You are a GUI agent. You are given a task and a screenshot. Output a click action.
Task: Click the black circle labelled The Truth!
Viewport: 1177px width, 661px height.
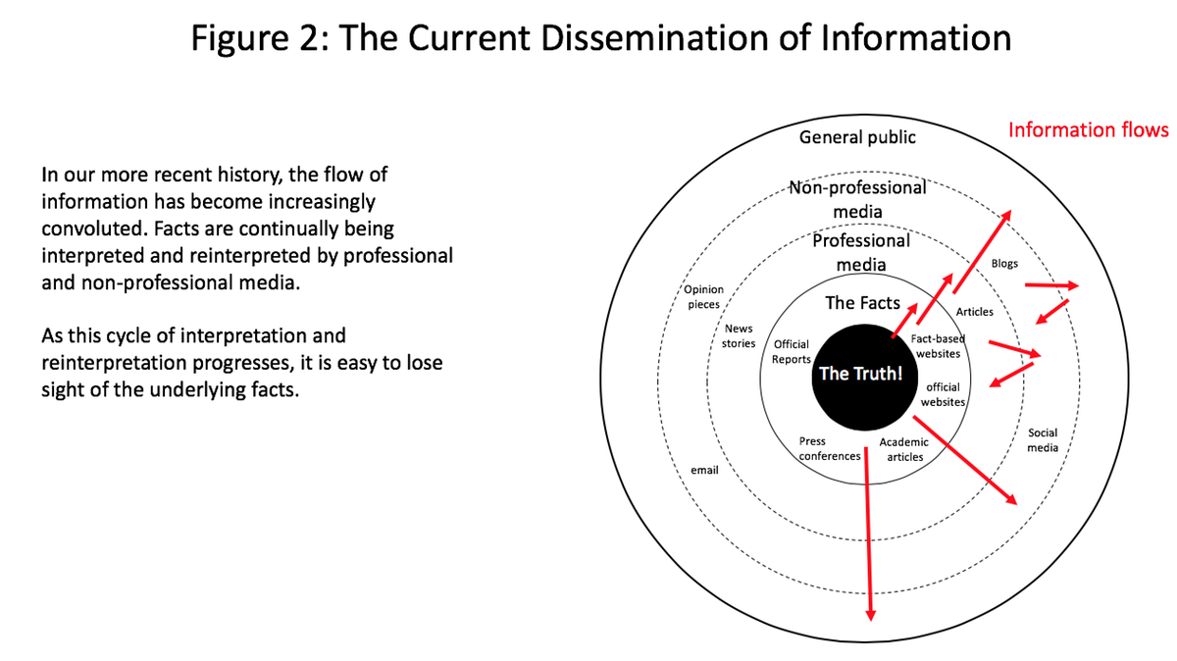click(865, 378)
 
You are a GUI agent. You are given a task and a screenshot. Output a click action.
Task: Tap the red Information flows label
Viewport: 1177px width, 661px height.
click(1088, 129)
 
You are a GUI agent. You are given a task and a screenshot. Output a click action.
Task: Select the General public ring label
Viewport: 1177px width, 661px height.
click(857, 137)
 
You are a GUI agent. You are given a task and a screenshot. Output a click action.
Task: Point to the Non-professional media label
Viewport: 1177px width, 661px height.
click(857, 200)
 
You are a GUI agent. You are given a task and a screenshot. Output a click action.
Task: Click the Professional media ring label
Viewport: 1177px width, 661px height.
click(861, 252)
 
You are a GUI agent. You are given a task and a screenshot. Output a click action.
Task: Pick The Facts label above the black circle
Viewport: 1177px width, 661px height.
click(862, 303)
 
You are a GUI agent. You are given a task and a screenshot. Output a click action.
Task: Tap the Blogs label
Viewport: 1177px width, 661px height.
click(1004, 263)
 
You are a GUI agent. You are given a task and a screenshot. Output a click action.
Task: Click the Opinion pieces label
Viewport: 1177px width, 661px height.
click(703, 297)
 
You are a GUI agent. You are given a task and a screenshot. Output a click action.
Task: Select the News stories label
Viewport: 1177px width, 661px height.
click(739, 335)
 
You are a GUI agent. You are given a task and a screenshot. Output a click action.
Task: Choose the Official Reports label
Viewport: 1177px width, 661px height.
click(791, 351)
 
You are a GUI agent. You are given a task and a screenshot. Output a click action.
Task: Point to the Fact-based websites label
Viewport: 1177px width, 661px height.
click(938, 346)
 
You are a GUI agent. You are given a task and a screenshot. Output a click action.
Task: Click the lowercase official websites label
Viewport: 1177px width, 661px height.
click(943, 394)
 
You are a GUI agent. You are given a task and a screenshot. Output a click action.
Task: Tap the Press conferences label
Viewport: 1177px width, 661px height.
click(829, 449)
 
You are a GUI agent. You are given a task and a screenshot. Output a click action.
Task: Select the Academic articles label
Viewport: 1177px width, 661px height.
click(903, 450)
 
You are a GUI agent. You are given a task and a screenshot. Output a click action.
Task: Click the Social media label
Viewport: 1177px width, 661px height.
click(1043, 440)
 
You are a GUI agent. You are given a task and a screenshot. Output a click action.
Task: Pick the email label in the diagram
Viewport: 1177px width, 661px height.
click(704, 470)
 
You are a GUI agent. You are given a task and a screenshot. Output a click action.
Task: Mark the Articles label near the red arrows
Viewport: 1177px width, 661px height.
click(974, 312)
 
